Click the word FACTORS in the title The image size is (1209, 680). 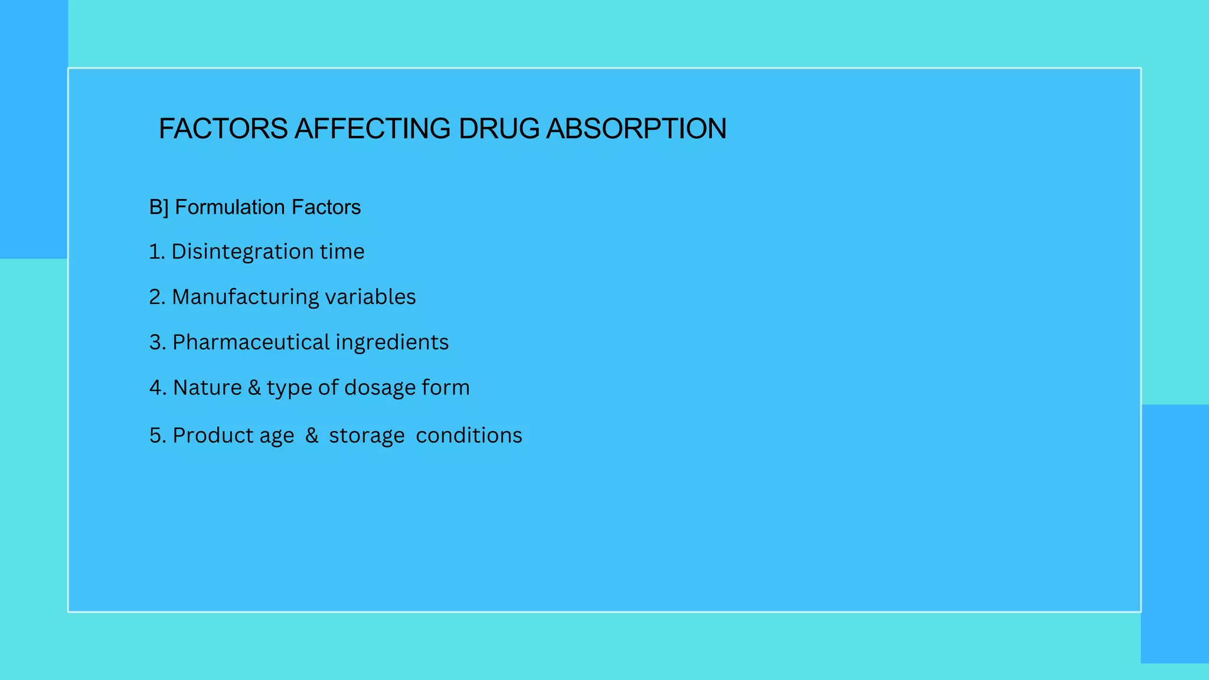223,129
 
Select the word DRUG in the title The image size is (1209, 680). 498,129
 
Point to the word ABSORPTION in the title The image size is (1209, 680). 636,129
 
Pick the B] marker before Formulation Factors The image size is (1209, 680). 158,207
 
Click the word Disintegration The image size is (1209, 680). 242,251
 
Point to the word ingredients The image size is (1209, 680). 392,343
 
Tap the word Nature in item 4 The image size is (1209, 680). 207,388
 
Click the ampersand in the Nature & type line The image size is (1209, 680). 254,388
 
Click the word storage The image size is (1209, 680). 367,436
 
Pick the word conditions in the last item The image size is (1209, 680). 469,436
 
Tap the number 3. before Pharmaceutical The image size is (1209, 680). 158,342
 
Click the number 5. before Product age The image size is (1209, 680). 158,436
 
